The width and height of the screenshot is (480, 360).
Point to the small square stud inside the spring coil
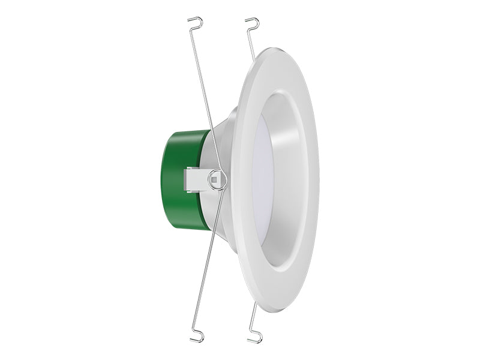(x=215, y=178)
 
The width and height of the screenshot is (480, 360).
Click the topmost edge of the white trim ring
(x=273, y=47)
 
